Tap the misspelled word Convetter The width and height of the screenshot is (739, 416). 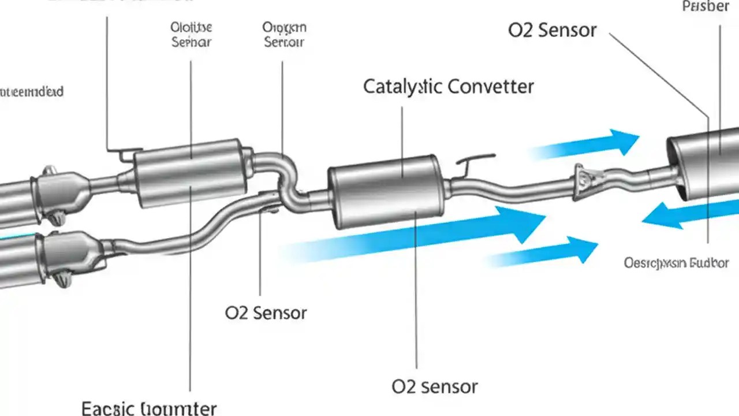coord(491,87)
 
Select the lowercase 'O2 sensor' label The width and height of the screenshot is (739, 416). coord(434,386)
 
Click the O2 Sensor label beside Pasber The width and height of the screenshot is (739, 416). coord(552,30)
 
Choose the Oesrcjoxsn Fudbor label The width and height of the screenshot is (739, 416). coord(676,263)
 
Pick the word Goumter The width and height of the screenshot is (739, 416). coord(179,408)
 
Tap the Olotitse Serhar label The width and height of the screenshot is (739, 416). coord(192,35)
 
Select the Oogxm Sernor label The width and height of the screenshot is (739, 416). coord(284,35)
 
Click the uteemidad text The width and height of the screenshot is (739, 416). coord(32,92)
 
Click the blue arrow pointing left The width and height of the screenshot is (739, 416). coord(687,216)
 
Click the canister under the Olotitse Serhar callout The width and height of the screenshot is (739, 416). coord(191,173)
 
